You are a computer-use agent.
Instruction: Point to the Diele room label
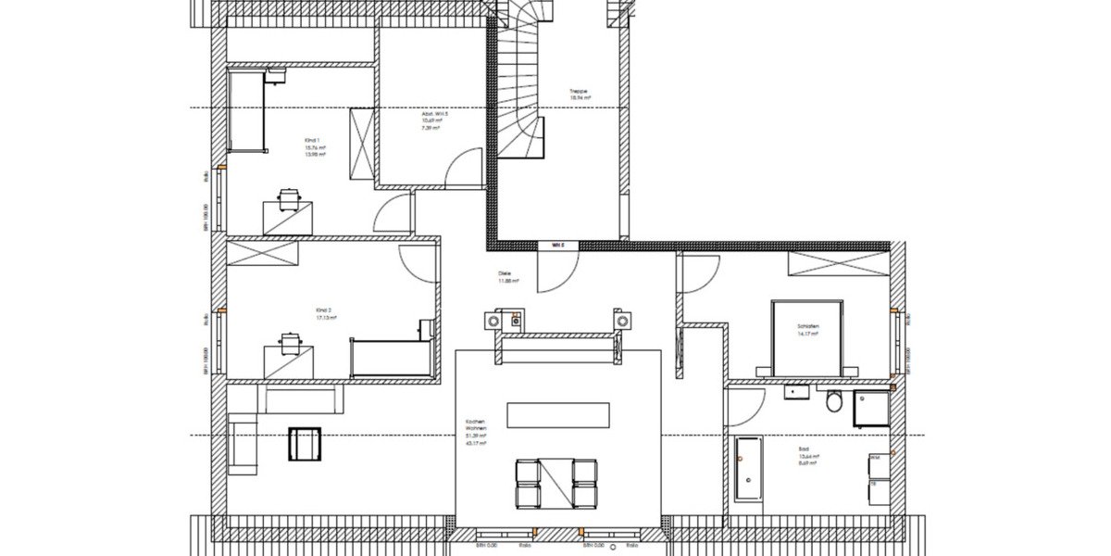(506, 274)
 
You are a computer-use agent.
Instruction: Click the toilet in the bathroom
(834, 402)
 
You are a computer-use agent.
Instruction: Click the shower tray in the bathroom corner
(871, 407)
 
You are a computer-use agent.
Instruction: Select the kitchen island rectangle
(557, 413)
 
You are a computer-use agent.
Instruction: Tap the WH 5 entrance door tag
(558, 246)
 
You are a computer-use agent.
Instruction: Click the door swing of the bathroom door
(746, 404)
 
